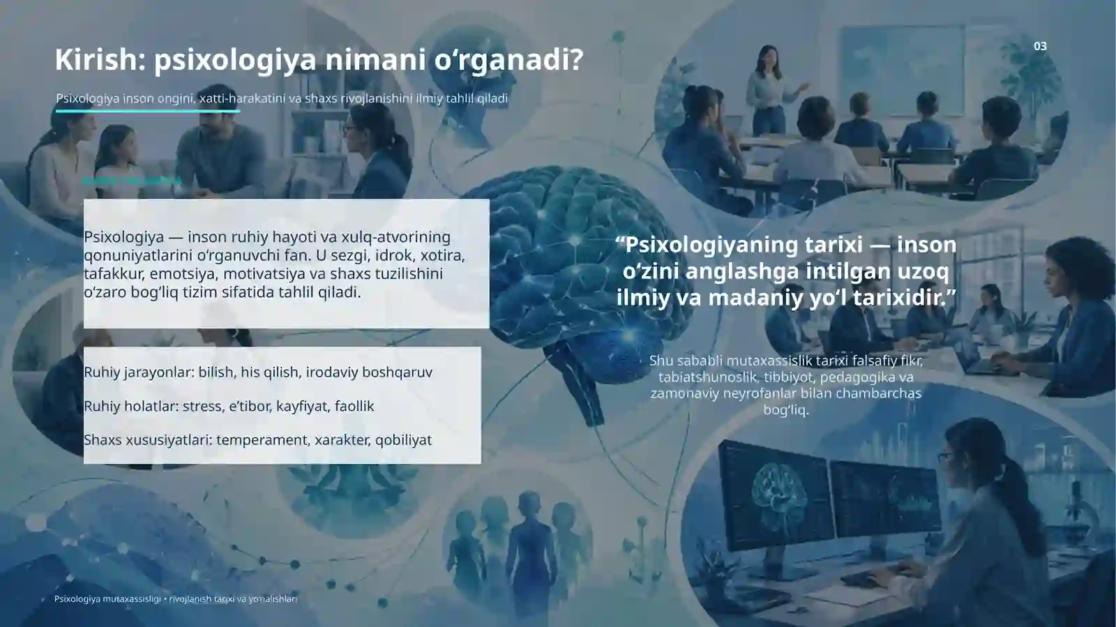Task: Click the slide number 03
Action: (1040, 46)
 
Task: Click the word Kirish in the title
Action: (97, 60)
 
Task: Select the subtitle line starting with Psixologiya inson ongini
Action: (282, 98)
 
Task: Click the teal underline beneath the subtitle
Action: (147, 111)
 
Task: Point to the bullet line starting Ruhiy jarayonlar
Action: (257, 372)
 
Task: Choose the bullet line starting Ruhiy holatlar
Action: (228, 406)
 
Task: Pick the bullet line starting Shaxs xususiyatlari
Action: (257, 439)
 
